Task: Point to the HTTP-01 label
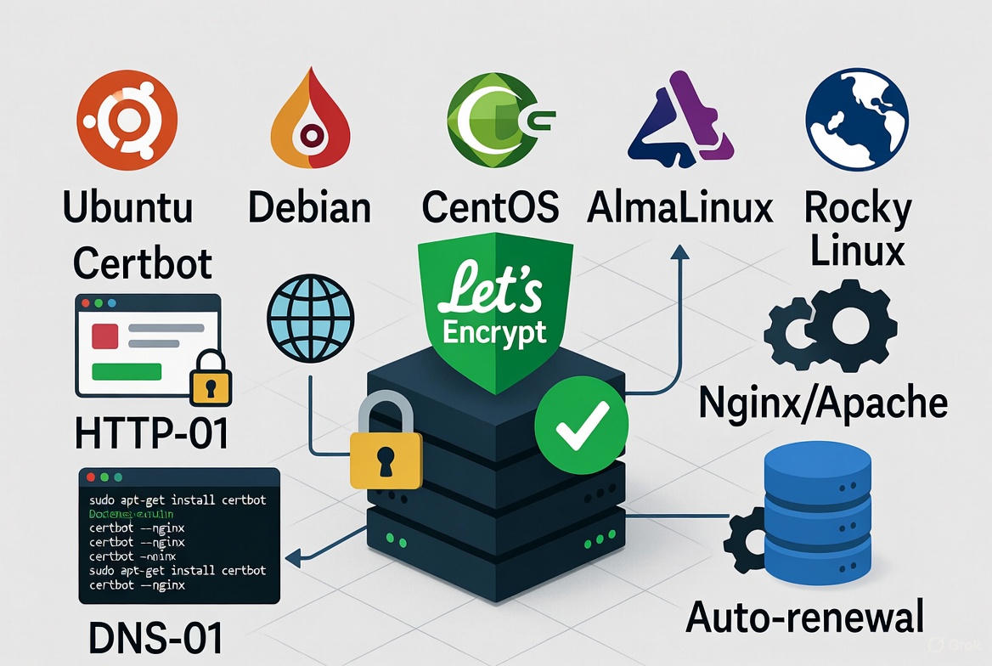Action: click(x=151, y=432)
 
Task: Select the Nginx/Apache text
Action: click(x=822, y=402)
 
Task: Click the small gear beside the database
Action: click(x=745, y=541)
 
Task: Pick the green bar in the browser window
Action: click(x=127, y=371)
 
